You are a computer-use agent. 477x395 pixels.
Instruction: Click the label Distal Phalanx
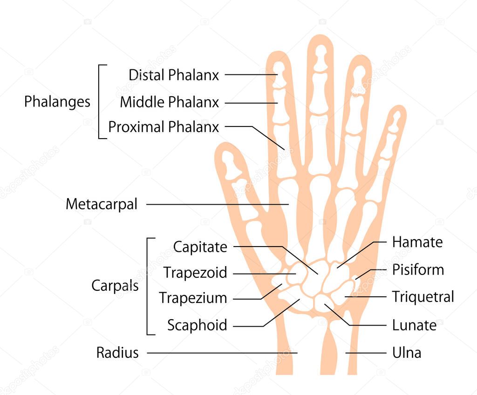tap(174, 75)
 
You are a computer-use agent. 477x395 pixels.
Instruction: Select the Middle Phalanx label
tap(169, 102)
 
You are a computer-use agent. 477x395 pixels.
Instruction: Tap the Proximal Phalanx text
tap(164, 127)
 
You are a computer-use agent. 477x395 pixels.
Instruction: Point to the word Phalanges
tap(57, 101)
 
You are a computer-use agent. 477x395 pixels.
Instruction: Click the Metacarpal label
tap(102, 204)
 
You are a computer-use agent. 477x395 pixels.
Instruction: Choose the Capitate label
tap(200, 247)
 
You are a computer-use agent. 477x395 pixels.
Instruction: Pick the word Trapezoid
tap(195, 273)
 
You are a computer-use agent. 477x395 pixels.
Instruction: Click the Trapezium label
tap(193, 298)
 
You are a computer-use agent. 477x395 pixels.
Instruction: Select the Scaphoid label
tap(197, 325)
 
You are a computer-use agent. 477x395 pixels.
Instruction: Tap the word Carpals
tap(115, 286)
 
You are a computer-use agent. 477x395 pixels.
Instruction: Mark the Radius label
tap(117, 353)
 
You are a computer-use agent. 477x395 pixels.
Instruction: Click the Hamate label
tap(417, 242)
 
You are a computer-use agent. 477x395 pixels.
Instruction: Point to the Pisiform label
tap(418, 270)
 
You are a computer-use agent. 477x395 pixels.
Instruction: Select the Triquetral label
tap(422, 297)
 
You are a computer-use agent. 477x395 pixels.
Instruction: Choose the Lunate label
tap(414, 325)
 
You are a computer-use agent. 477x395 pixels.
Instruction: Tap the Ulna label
tap(407, 353)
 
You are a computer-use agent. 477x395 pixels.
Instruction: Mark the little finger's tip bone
tap(395, 122)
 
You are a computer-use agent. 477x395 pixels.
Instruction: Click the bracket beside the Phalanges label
tap(100, 101)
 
